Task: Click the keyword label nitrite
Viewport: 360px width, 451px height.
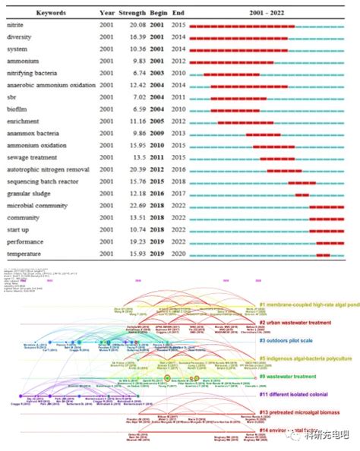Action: (x=17, y=27)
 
